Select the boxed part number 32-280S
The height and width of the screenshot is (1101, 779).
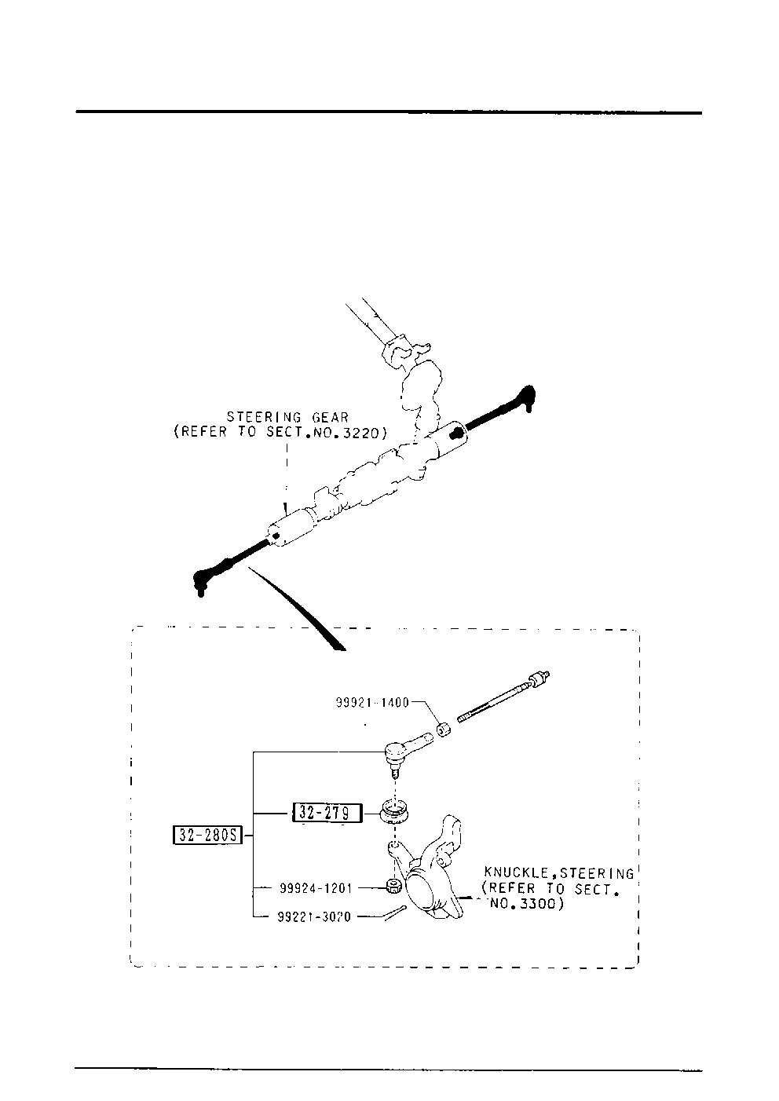[x=208, y=836]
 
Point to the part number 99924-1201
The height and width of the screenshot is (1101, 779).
[x=316, y=888]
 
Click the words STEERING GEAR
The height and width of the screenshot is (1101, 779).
[x=287, y=418]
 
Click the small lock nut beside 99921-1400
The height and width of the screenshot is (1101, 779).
[x=444, y=730]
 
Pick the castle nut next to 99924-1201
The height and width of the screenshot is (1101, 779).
[x=395, y=888]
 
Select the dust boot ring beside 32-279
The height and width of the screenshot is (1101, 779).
[x=393, y=811]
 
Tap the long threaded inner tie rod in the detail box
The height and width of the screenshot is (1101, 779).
[x=503, y=696]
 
